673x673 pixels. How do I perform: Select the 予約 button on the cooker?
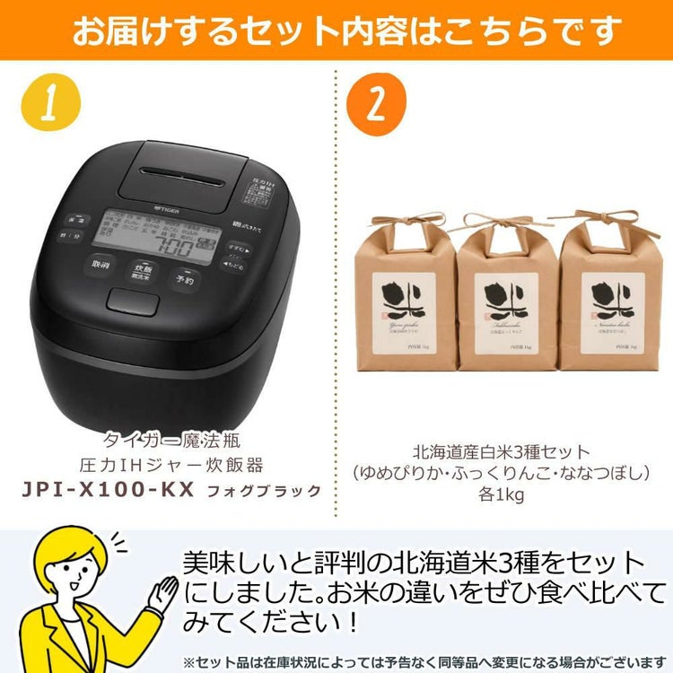pos(184,279)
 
